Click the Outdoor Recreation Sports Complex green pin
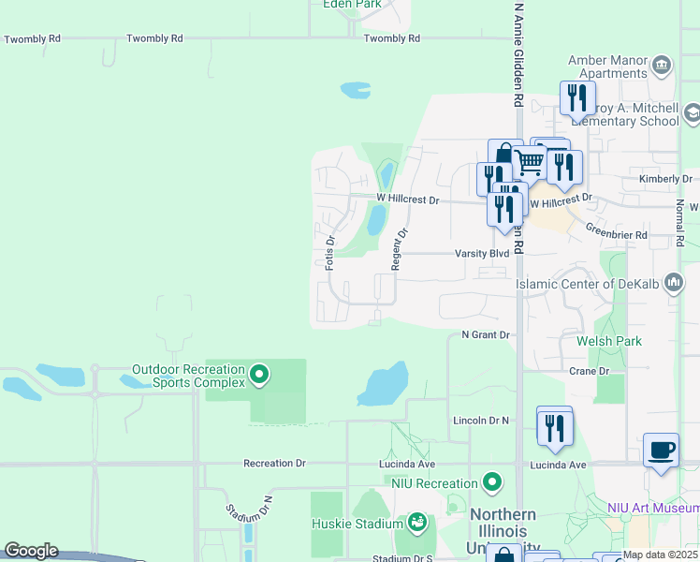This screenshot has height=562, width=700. pyautogui.click(x=260, y=377)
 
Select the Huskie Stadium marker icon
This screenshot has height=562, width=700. pyautogui.click(x=417, y=521)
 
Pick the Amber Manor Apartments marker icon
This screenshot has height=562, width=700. pyautogui.click(x=662, y=66)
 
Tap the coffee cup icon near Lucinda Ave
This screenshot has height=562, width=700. pyautogui.click(x=662, y=451)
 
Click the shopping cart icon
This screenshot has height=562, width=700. pyautogui.click(x=531, y=162)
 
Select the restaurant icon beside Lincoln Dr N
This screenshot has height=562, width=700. pyautogui.click(x=555, y=427)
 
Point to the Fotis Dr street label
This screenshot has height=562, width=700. pyautogui.click(x=329, y=253)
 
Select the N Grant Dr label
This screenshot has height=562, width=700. pyautogui.click(x=485, y=334)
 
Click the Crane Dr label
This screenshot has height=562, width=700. pyautogui.click(x=589, y=371)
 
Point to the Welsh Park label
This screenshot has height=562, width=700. pyautogui.click(x=609, y=341)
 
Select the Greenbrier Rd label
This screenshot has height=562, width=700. pyautogui.click(x=616, y=234)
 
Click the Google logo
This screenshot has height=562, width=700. pyautogui.click(x=31, y=551)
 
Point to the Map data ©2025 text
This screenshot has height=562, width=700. pyautogui.click(x=661, y=555)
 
